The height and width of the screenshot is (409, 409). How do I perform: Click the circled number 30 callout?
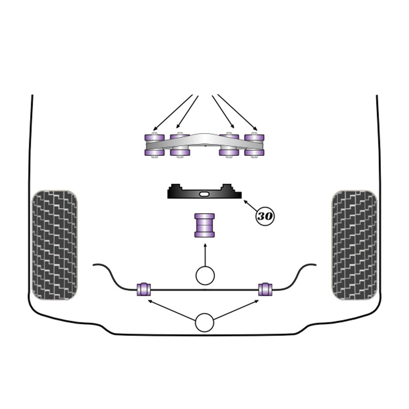265,216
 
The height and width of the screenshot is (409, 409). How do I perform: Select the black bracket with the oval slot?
204,192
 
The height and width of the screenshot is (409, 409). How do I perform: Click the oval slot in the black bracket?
204,194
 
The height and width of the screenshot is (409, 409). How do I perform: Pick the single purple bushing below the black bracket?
205,225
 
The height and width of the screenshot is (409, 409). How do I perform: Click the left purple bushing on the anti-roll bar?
144,289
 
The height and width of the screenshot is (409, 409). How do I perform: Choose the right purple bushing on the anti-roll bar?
265,289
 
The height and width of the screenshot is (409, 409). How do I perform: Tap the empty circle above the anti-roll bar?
205,276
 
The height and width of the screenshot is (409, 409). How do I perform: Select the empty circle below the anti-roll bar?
204,322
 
